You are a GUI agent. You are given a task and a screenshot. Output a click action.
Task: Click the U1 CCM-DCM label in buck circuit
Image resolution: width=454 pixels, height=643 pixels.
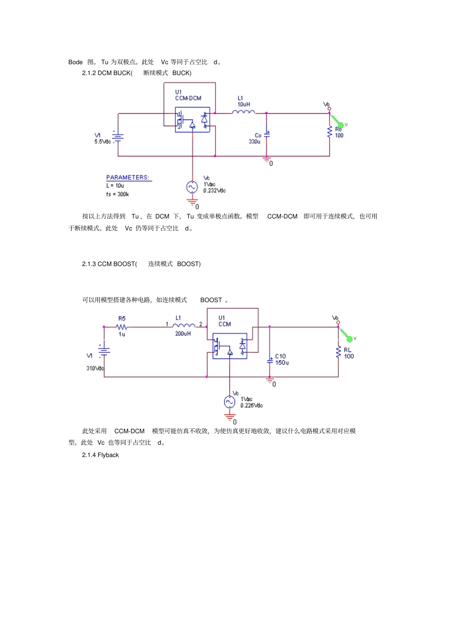click(x=188, y=95)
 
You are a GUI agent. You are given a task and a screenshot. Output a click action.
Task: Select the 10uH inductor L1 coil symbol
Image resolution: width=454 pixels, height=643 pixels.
click(x=243, y=112)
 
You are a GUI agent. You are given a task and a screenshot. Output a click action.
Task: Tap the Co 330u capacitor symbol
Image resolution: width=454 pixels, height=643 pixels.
click(x=267, y=135)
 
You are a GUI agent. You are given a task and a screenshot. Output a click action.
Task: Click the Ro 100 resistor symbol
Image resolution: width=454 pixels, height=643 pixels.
click(x=329, y=132)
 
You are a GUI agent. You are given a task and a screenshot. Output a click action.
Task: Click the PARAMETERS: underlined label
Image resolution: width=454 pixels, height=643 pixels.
click(x=128, y=177)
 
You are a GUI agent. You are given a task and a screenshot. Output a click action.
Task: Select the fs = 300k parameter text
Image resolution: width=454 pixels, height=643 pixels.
click(x=118, y=194)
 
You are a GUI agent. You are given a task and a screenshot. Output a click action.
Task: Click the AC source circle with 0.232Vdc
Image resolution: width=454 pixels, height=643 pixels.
click(x=192, y=187)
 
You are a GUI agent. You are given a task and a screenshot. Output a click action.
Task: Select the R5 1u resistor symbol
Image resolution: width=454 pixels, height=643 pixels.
click(x=122, y=327)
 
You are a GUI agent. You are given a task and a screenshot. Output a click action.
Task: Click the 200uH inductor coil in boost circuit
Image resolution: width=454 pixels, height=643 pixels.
click(x=184, y=326)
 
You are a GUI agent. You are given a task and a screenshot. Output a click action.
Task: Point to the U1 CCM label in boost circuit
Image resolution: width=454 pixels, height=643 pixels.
click(x=224, y=321)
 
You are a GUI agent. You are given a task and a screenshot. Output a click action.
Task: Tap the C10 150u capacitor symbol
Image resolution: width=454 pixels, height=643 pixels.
click(x=270, y=360)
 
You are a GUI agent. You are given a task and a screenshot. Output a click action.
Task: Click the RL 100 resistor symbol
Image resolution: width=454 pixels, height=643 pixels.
click(x=338, y=352)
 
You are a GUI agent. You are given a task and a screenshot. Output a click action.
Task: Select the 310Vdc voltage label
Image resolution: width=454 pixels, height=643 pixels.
click(x=95, y=368)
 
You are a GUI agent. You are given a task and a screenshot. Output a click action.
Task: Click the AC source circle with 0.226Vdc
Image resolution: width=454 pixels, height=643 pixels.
click(x=229, y=402)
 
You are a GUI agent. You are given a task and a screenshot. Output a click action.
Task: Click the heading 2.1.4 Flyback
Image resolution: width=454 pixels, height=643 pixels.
click(x=100, y=455)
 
